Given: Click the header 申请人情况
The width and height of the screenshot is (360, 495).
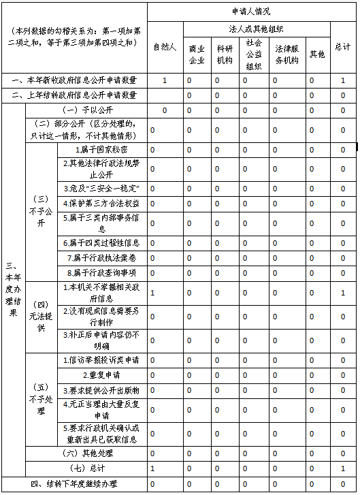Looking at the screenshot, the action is point(251,12).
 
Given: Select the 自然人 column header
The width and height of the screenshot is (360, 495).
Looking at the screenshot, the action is point(164,47).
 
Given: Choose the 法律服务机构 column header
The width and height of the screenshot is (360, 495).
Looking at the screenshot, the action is point(287,54).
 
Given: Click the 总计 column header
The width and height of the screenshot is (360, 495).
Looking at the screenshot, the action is point(343,47).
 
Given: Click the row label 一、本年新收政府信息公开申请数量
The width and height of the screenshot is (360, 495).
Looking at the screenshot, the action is point(74,80).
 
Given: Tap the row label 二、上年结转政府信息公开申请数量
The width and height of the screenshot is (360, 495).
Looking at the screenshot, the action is point(74,95).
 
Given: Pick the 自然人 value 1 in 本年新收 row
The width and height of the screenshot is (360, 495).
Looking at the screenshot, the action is point(165,80).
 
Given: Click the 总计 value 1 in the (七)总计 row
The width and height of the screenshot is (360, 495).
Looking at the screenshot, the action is point(343,468).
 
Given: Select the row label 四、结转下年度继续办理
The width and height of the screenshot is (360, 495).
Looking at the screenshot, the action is point(74,484).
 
